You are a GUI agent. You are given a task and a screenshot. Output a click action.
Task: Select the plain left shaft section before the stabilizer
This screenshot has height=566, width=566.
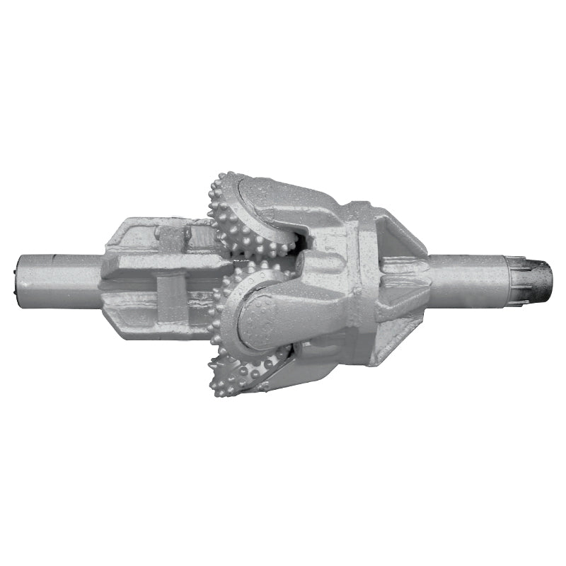(60, 280)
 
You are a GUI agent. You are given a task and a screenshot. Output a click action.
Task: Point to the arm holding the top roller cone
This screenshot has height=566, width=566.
(297, 205)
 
